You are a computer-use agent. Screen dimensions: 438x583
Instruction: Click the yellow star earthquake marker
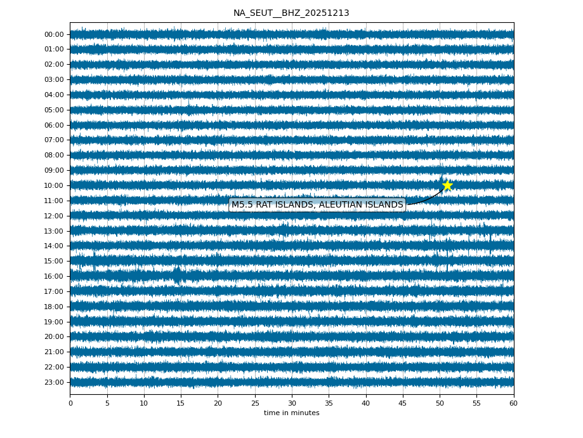(x=447, y=185)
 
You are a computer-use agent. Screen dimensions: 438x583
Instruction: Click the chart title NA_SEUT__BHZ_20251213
(x=291, y=13)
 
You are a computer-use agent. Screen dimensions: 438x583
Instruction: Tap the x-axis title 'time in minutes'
(x=291, y=413)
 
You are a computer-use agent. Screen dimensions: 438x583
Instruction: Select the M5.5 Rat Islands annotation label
(x=317, y=204)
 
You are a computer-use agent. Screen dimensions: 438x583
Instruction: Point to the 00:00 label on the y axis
(x=54, y=34)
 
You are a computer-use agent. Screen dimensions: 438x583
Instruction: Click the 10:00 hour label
(x=54, y=185)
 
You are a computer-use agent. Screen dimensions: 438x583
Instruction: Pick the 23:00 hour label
(x=54, y=382)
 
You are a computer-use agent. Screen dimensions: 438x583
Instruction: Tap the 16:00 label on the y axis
(x=54, y=276)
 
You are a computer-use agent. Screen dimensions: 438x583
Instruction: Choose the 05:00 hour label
(x=54, y=110)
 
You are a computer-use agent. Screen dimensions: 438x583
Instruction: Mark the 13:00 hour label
(x=54, y=231)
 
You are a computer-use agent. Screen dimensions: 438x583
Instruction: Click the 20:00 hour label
(x=54, y=337)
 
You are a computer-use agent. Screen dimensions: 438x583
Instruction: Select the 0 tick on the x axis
(x=70, y=403)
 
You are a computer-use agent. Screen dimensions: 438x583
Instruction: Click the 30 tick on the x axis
(x=292, y=403)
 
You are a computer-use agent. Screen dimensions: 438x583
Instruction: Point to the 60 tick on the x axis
(x=513, y=403)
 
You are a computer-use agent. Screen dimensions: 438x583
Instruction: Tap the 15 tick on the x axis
(x=181, y=403)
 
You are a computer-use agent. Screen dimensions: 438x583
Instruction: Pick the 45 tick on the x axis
(x=403, y=403)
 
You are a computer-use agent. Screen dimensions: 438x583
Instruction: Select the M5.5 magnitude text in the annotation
(x=242, y=204)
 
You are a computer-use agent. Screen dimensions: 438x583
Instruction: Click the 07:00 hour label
(x=54, y=140)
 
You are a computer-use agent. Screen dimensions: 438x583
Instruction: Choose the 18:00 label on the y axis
(x=54, y=307)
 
